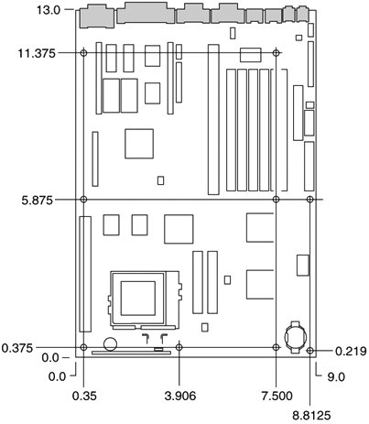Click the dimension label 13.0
49,10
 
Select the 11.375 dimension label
37,53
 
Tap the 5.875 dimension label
38,201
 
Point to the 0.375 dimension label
17,348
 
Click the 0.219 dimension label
351,352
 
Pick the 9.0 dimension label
336,377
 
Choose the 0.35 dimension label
84,396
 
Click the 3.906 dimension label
180,396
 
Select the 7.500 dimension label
277,396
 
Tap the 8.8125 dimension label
311,416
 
